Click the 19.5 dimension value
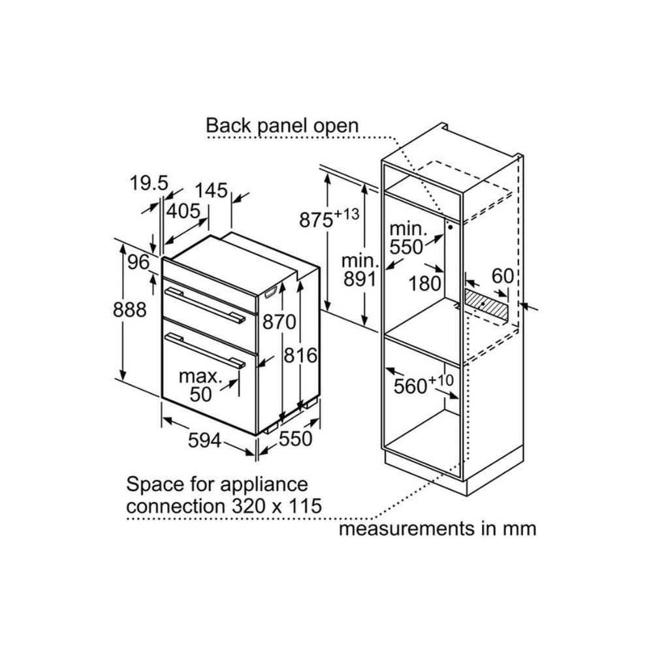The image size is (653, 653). [x=149, y=183]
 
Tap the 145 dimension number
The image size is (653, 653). [x=212, y=190]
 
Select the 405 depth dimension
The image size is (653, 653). [x=183, y=211]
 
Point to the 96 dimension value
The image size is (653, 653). [x=138, y=262]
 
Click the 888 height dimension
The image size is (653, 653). [x=129, y=310]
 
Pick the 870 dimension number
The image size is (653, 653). [x=279, y=321]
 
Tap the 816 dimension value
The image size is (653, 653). [x=300, y=355]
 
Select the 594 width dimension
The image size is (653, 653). [x=204, y=440]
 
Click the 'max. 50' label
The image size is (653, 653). [x=200, y=385]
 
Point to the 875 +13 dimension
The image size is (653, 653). [x=329, y=218]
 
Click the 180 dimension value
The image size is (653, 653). [x=425, y=283]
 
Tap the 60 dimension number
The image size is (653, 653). [x=503, y=276]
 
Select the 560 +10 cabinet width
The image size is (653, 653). [x=424, y=385]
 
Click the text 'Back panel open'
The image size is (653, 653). [x=282, y=125]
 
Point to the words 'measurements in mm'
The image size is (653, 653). [x=438, y=529]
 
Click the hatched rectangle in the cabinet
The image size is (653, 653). [x=487, y=306]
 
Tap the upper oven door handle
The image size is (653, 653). [x=205, y=305]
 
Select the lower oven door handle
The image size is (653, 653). [x=205, y=351]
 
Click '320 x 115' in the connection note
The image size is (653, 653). [x=276, y=506]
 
